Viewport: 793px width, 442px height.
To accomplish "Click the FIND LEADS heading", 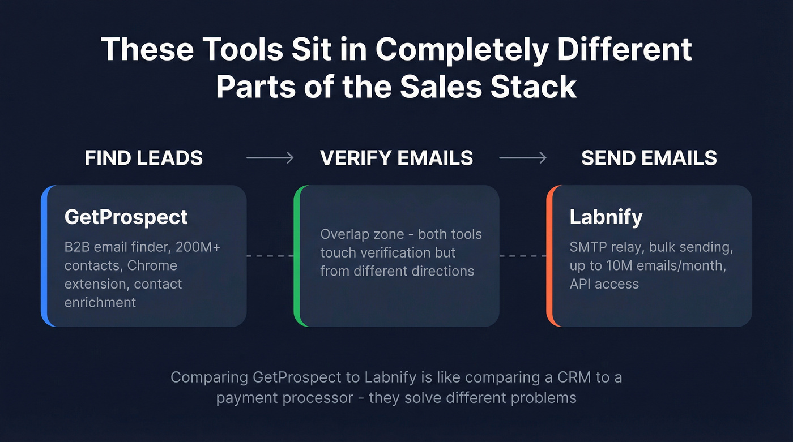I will coord(143,158).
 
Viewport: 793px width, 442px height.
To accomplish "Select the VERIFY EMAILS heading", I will coord(396,158).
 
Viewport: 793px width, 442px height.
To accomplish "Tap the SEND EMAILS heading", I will coord(649,158).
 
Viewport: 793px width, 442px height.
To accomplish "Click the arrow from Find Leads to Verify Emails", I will coord(270,158).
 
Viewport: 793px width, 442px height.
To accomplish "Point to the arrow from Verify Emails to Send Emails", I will coord(523,158).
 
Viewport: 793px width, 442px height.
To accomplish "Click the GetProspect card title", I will coord(126,217).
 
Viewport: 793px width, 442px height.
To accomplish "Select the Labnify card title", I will coord(606,217).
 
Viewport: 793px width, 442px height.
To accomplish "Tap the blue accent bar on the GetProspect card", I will coord(44,256).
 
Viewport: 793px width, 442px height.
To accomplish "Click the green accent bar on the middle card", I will coord(297,256).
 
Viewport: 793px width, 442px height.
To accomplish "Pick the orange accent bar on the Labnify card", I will coord(549,256).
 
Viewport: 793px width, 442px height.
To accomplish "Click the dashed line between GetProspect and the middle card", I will coord(270,256).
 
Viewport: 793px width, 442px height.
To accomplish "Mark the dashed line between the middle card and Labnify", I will coord(523,256).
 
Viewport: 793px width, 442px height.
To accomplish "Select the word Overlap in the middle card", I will coord(346,234).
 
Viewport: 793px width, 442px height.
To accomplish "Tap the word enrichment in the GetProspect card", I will coord(100,302).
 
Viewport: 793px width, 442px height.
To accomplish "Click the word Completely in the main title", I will coord(462,50).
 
